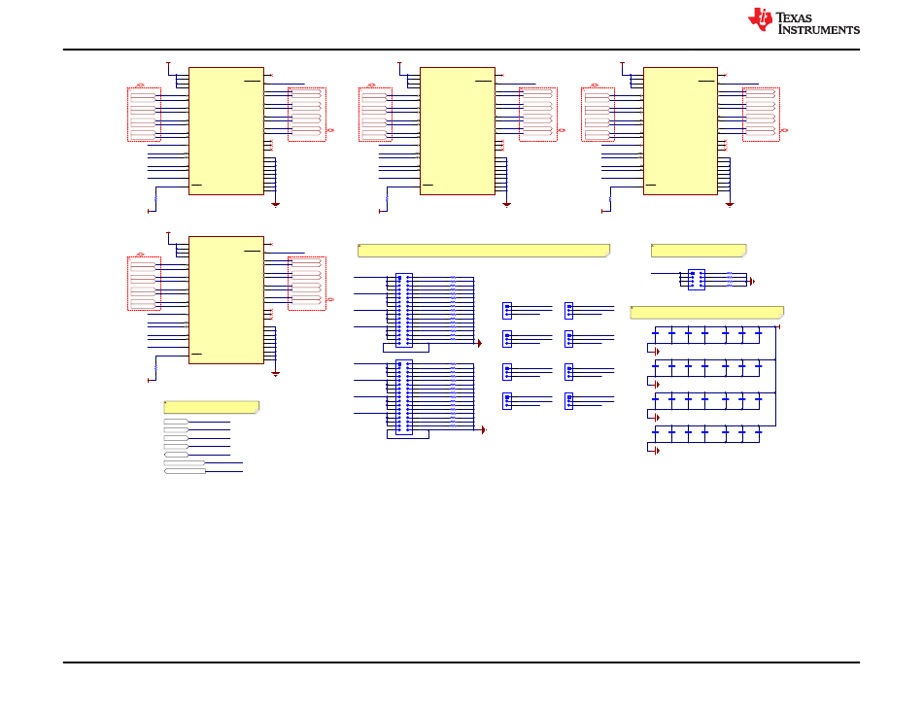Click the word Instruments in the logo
point(819,29)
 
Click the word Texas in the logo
point(794,17)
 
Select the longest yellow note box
point(484,251)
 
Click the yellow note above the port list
point(212,407)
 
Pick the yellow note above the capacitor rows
point(707,312)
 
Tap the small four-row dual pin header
point(697,280)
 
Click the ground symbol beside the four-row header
point(752,282)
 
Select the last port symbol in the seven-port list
point(185,471)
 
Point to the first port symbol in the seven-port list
point(176,422)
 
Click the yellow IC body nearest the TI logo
point(680,131)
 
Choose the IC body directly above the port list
point(226,300)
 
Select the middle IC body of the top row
point(458,131)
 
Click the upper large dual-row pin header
point(404,310)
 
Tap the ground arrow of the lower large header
point(483,429)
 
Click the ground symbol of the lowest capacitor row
point(657,451)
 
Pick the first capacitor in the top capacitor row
point(655,333)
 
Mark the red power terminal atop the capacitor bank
point(779,326)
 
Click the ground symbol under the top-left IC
point(275,204)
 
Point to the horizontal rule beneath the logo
point(461,50)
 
